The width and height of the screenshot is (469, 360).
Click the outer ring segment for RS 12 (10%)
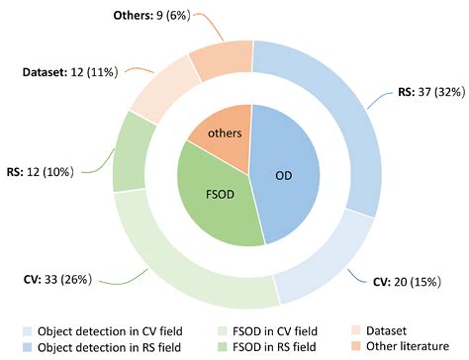(132, 153)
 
